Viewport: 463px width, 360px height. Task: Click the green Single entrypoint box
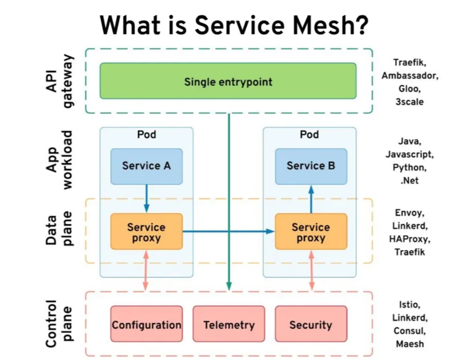(228, 81)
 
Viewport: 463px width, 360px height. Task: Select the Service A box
(147, 166)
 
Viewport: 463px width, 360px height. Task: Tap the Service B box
(311, 166)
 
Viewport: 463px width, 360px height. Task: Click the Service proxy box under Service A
(147, 231)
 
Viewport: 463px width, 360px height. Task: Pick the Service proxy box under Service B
(311, 231)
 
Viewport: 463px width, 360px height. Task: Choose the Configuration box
(147, 324)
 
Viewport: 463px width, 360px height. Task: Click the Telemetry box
(229, 324)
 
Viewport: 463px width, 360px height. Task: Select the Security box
(311, 324)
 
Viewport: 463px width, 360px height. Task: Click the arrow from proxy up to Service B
(311, 199)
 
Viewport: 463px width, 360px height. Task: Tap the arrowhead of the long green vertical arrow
(229, 286)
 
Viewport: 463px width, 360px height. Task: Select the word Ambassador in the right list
(410, 76)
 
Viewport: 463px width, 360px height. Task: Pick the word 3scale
(410, 102)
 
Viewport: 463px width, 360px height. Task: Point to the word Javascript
(410, 154)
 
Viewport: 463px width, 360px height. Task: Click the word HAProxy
(410, 239)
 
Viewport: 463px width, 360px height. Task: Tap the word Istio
(410, 305)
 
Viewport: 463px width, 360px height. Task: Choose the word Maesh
(410, 344)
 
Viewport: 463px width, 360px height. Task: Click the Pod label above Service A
(147, 134)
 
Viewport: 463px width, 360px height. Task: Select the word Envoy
(410, 213)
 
